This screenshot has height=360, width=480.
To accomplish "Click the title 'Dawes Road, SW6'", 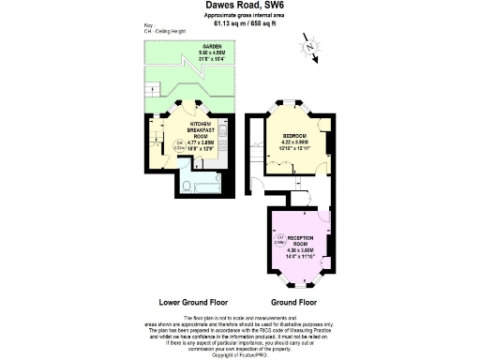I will pos(240,6).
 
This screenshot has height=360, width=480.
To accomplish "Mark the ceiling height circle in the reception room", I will pos(280,240).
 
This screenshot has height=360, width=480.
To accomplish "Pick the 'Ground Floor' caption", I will pos(295,303).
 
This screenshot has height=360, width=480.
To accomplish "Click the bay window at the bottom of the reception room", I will pos(300,282).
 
